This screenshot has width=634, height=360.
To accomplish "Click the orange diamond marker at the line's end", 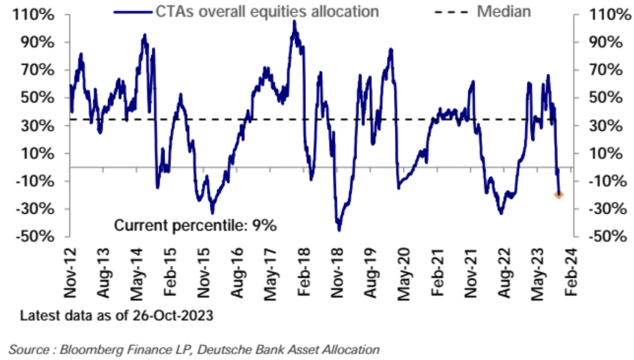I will point(559,195).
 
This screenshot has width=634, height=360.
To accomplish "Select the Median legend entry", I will point(504,11).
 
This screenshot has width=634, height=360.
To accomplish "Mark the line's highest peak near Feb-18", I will point(294,22).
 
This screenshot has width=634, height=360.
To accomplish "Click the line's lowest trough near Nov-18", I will point(339,230).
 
